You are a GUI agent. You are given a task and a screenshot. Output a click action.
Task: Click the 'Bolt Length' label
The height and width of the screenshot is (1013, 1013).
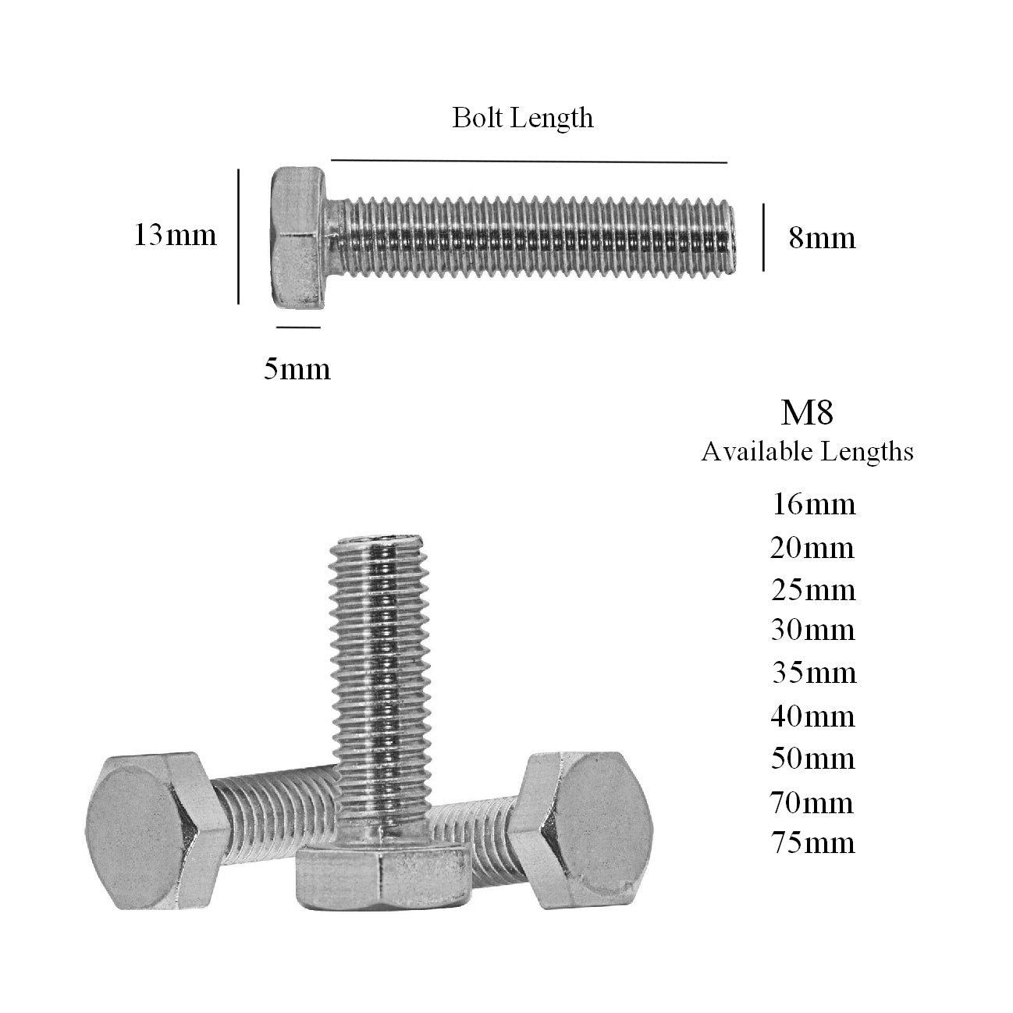[x=522, y=118]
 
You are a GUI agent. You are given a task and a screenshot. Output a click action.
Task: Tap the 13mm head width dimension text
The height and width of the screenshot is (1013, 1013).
[x=175, y=235]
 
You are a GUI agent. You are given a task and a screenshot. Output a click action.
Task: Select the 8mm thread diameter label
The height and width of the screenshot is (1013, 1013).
[x=822, y=237]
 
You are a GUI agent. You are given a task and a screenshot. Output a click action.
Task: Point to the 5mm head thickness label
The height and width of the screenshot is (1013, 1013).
[x=297, y=368]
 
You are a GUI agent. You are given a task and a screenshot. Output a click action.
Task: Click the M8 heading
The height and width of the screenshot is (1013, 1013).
[x=807, y=412]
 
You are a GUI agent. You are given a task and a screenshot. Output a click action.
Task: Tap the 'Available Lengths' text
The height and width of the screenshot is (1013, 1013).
[x=807, y=451]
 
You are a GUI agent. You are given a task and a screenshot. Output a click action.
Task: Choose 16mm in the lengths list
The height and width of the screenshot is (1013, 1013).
[x=813, y=505]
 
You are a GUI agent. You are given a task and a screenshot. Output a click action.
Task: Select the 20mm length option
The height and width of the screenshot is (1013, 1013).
[x=812, y=548]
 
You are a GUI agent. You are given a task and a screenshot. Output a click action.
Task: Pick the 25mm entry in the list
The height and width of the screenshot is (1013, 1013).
[x=813, y=589]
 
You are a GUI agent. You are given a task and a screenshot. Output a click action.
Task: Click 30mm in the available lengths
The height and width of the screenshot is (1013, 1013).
[x=813, y=630]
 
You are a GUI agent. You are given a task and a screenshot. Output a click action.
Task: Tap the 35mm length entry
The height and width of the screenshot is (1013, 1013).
[x=814, y=672]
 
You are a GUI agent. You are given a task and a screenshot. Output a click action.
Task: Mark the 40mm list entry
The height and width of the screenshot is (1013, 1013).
[x=813, y=716]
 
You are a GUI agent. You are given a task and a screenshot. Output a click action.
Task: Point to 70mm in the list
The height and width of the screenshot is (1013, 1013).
[x=812, y=802]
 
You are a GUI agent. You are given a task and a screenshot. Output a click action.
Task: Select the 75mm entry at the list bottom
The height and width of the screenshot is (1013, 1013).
[x=812, y=843]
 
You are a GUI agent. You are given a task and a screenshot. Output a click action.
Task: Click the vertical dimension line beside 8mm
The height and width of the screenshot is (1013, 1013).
[x=763, y=237]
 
